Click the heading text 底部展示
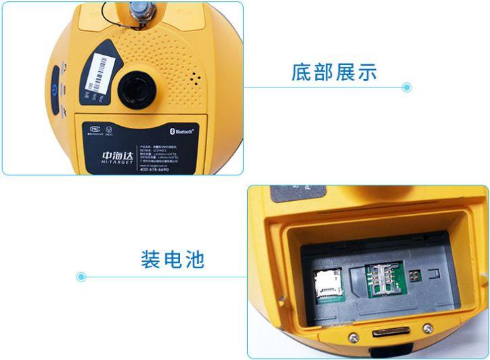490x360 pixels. [334, 72]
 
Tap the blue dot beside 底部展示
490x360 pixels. [407, 87]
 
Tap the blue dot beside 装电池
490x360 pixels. [81, 276]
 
